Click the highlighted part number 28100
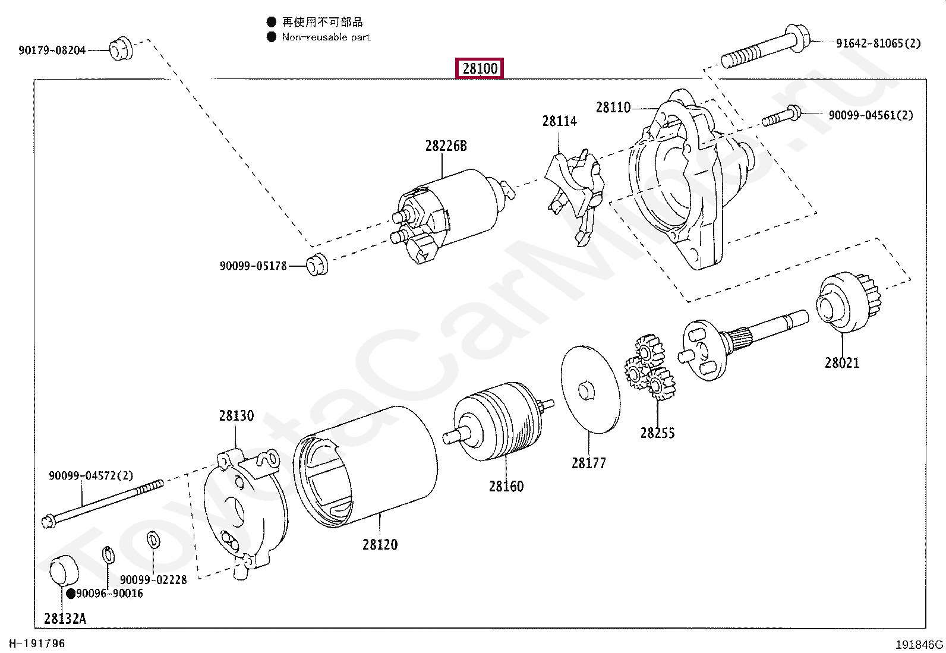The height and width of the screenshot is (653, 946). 480,68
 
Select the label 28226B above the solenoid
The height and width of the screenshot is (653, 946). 446,146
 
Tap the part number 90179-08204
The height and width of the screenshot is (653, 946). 52,51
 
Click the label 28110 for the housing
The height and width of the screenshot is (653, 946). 613,108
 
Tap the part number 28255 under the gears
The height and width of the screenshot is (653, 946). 657,433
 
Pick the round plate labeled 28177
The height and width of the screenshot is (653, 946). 590,389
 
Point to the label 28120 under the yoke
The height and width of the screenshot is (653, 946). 380,544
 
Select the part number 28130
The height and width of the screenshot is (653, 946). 236,416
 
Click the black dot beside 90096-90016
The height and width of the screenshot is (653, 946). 71,594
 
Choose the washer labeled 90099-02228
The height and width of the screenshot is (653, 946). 153,540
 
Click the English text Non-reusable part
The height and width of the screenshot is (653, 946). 326,37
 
